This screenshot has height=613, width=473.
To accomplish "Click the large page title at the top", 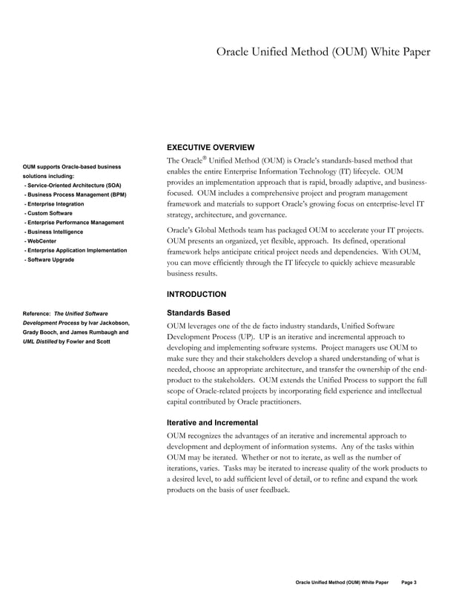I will click(322, 52).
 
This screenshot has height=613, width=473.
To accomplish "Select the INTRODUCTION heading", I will click(196, 294).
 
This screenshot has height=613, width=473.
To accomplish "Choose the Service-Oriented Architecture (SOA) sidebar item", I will click(73, 185).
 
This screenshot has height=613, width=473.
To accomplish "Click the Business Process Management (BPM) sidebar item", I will click(76, 194).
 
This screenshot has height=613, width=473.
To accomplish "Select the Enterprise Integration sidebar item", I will click(54, 203).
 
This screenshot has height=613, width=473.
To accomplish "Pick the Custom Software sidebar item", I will click(49, 213).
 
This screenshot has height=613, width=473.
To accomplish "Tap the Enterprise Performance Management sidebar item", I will click(74, 223).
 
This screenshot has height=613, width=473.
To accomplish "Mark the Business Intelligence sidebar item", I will click(56, 232).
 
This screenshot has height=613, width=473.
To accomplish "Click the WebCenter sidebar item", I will click(42, 241).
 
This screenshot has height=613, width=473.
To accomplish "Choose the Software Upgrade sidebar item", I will click(50, 260).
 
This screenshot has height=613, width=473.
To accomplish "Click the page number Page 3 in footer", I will click(409, 583).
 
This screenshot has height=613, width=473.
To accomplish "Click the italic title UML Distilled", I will click(42, 341).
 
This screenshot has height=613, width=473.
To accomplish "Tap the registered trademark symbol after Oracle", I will click(202, 158).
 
